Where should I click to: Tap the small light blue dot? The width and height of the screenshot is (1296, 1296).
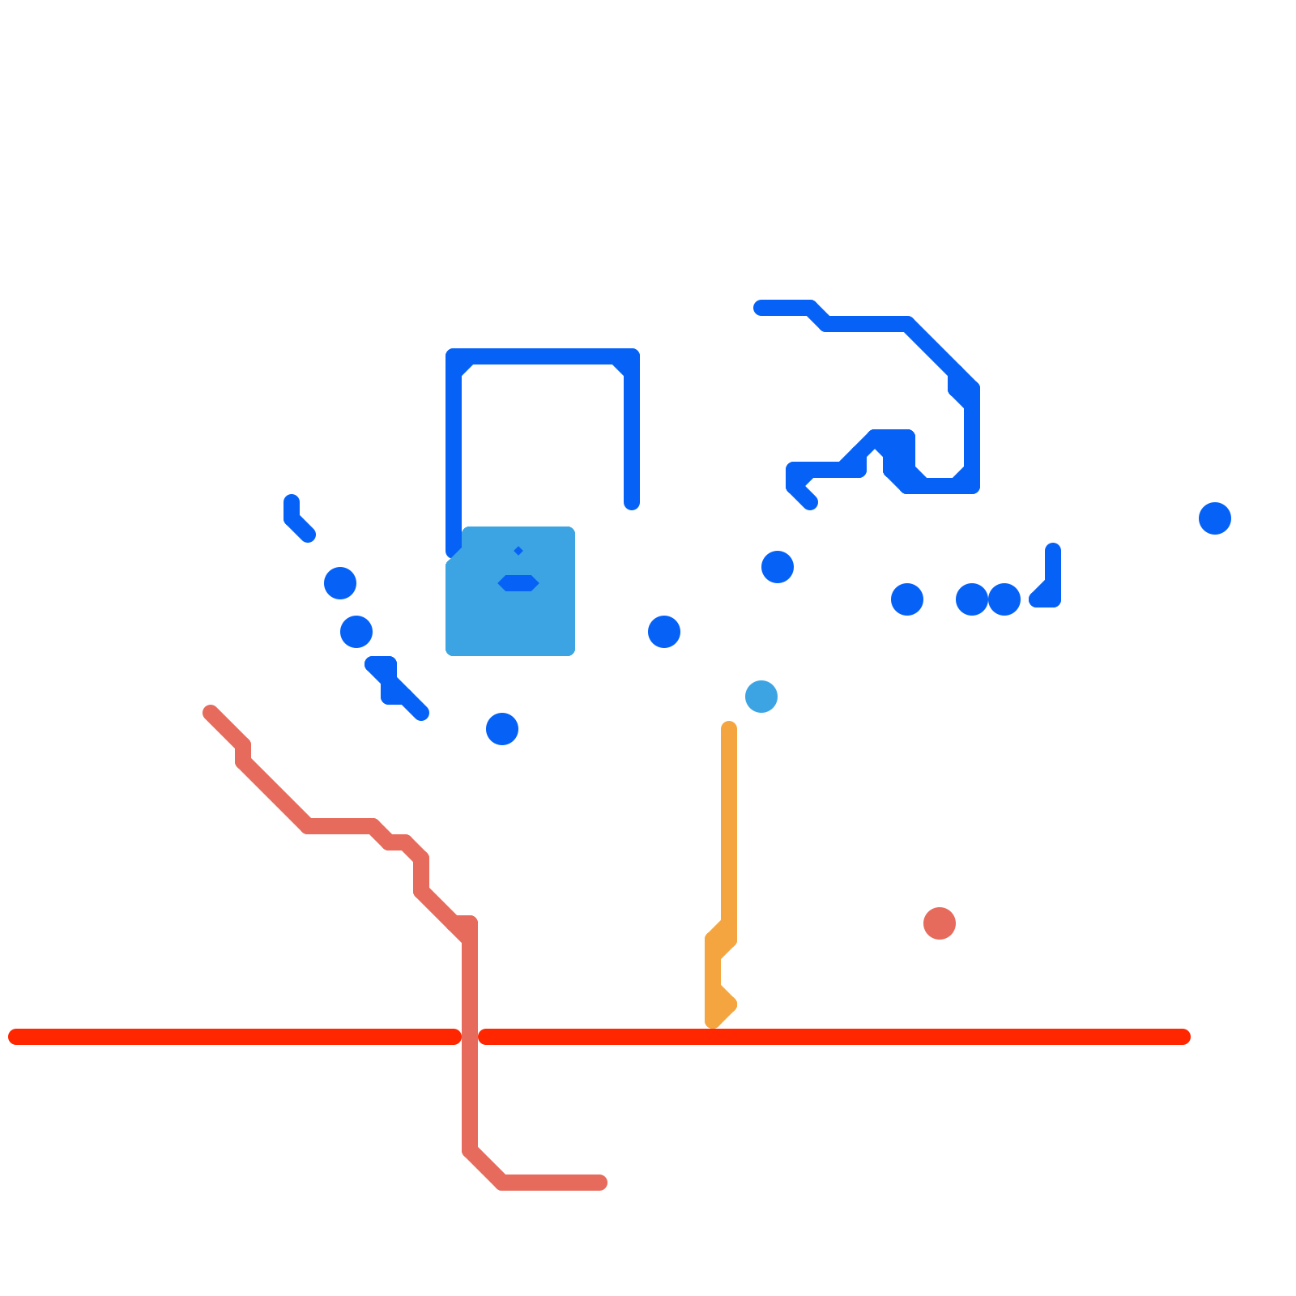point(761,697)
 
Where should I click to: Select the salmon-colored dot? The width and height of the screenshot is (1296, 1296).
point(940,923)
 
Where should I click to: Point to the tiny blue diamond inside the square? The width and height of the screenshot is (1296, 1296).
point(518,551)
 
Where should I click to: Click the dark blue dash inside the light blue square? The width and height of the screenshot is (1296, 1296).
point(518,583)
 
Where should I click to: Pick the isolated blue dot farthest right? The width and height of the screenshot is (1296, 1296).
point(1215,518)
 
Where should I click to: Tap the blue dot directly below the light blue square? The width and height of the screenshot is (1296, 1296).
point(502,729)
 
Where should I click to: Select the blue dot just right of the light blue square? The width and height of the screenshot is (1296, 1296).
point(664,632)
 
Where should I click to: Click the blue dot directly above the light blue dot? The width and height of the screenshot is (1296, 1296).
point(778,567)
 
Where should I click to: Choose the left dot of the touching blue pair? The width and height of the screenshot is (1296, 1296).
point(972,599)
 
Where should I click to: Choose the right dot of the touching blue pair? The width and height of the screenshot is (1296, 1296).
point(1004,599)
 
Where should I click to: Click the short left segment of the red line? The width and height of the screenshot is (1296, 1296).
point(235,1037)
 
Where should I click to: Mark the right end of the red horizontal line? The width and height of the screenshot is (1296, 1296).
point(1183,1037)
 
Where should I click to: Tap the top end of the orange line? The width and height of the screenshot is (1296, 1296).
point(729,729)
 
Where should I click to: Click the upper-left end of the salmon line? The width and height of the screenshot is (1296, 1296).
point(211,713)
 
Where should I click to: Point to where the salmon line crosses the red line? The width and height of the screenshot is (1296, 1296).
point(470,1037)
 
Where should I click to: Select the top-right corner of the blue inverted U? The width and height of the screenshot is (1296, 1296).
point(631,357)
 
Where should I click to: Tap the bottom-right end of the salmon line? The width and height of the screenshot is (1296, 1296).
point(599,1183)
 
